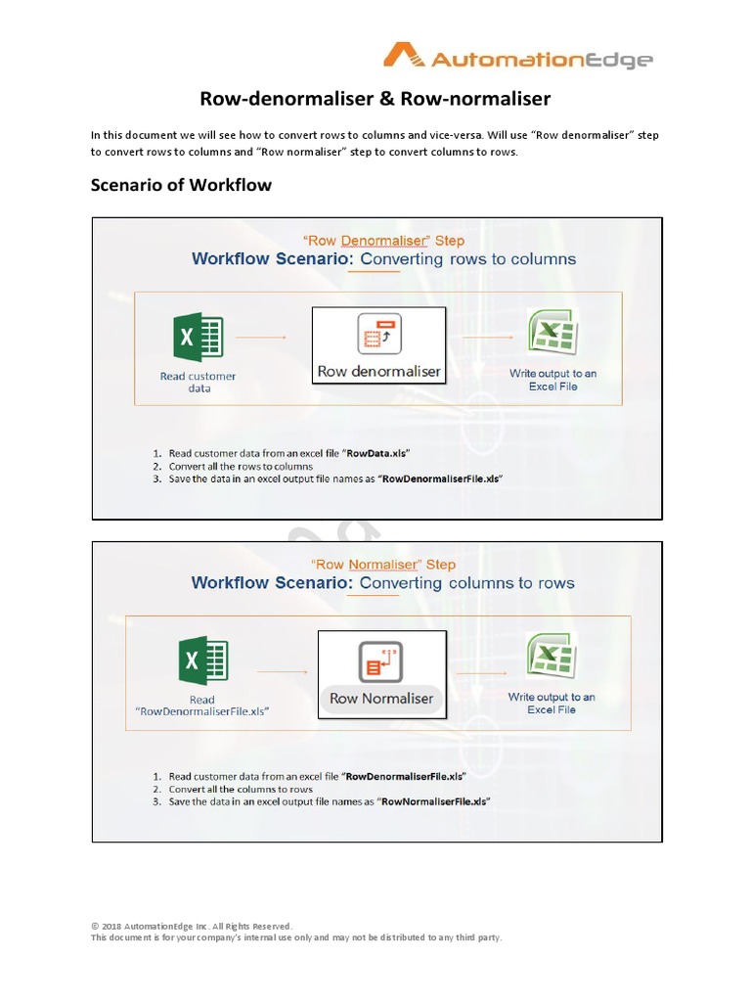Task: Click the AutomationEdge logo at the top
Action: (x=517, y=58)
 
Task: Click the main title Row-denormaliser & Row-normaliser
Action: (x=375, y=99)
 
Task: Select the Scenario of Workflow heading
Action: (x=181, y=184)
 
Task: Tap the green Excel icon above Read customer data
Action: (x=198, y=338)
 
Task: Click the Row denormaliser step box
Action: (x=378, y=344)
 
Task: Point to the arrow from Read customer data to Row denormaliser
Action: (x=262, y=338)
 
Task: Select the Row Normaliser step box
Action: (x=381, y=673)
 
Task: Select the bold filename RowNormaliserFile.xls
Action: (x=434, y=801)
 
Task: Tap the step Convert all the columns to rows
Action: (x=241, y=789)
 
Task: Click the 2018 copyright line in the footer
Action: (x=192, y=926)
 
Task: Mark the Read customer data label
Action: (x=199, y=382)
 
